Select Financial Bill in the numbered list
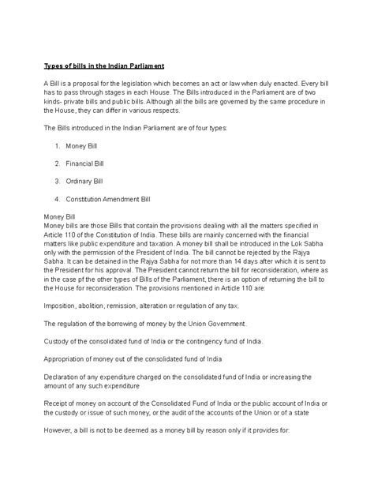(x=85, y=163)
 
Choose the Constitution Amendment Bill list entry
(x=107, y=198)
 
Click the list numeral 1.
(x=58, y=146)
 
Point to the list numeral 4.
(x=58, y=198)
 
